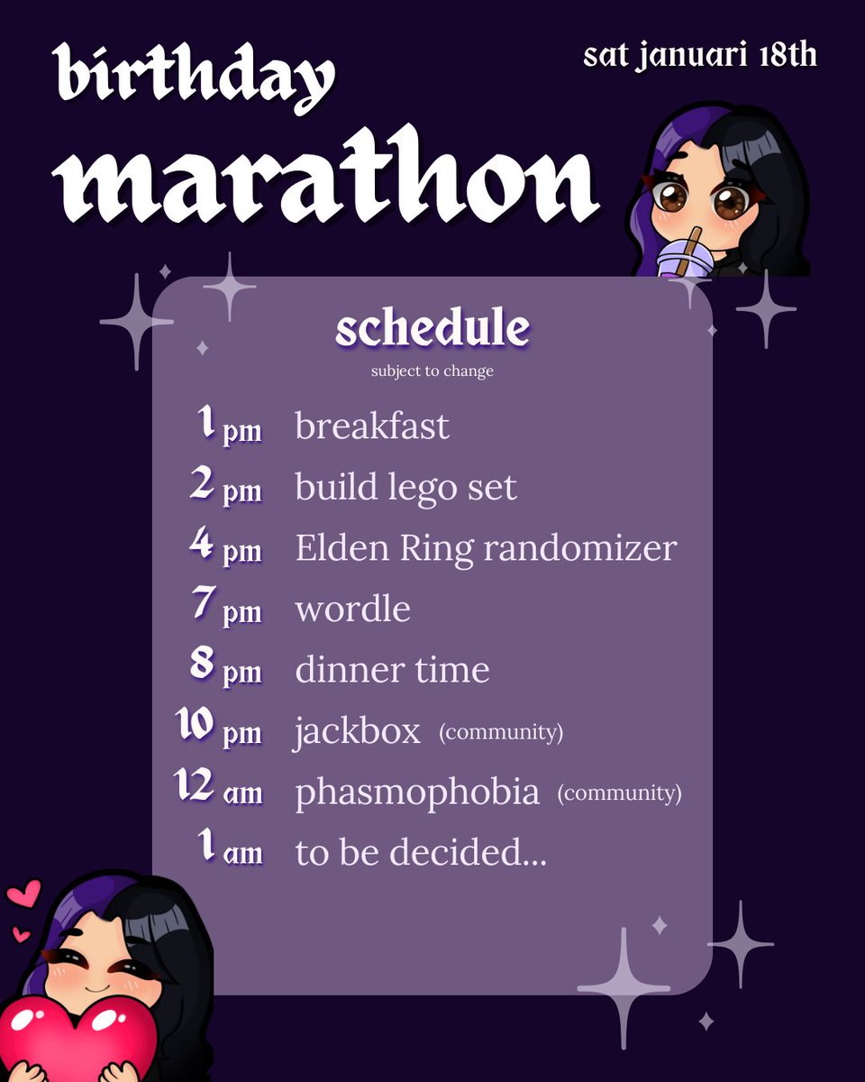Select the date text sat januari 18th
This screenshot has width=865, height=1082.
(699, 55)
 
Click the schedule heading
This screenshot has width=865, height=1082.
(432, 328)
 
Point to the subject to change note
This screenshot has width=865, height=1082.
(432, 371)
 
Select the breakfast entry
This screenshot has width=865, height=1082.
(371, 426)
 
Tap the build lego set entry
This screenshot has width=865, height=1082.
(405, 487)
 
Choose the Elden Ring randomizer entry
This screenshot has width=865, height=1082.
(486, 548)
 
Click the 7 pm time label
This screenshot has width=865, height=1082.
(227, 609)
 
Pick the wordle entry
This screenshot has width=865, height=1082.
(352, 610)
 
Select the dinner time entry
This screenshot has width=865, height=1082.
(392, 670)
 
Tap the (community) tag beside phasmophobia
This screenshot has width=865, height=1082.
(619, 793)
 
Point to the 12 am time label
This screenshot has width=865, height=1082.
(219, 792)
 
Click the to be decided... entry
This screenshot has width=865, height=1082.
(421, 853)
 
